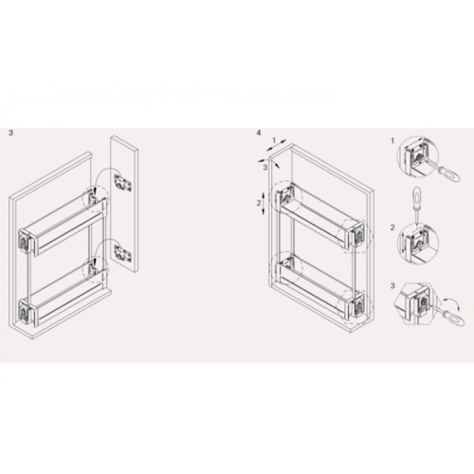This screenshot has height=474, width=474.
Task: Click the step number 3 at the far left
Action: click(11, 133)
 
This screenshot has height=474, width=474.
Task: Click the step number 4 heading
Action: click(259, 133)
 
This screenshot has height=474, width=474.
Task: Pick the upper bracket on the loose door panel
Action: click(121, 183)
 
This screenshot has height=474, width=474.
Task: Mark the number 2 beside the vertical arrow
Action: click(259, 203)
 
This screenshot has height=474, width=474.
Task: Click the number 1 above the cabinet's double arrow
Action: click(274, 139)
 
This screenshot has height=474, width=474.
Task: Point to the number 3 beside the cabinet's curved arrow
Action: click(265, 168)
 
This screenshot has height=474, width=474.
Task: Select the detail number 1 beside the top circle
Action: click(392, 141)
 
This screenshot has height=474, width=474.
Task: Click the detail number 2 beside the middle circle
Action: click(392, 228)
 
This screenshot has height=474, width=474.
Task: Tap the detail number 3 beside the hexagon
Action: click(392, 286)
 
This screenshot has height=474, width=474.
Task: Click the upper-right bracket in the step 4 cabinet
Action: click(357, 233)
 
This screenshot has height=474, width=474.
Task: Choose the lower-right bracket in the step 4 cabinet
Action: click(357, 303)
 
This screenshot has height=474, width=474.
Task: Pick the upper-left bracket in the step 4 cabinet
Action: click(286, 195)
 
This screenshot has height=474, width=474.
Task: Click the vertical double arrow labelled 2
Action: click(263, 203)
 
